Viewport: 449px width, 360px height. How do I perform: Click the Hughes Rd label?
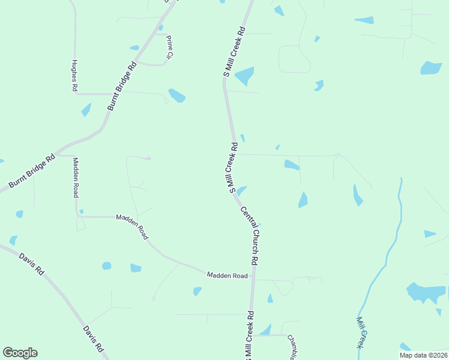click(x=74, y=75)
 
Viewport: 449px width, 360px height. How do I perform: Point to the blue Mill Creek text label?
click(x=361, y=332)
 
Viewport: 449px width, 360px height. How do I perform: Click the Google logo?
click(x=20, y=353)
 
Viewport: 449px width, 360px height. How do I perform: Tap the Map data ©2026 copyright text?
click(x=423, y=355)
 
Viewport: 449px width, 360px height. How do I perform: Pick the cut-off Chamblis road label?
click(x=292, y=346)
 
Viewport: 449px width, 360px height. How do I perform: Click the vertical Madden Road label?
click(x=76, y=178)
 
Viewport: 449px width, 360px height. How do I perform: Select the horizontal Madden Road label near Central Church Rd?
click(x=228, y=275)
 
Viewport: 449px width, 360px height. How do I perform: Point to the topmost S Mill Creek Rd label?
click(x=234, y=51)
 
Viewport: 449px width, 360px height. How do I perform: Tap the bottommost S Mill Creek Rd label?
click(x=249, y=336)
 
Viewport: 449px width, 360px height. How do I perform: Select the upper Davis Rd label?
click(x=32, y=264)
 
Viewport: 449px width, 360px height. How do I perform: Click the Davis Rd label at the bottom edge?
click(x=93, y=340)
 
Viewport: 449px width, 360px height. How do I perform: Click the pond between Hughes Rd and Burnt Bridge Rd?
click(x=86, y=110)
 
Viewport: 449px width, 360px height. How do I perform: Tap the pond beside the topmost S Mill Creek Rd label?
click(x=245, y=76)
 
